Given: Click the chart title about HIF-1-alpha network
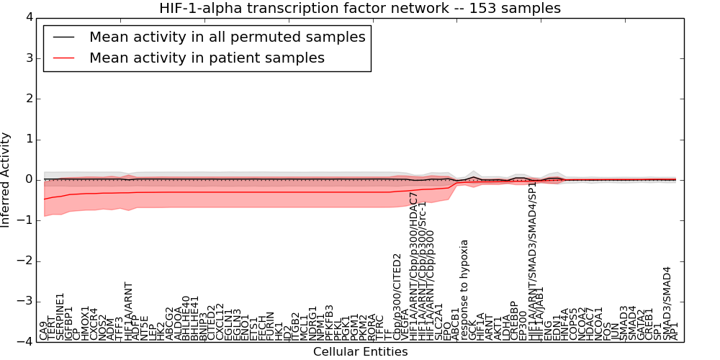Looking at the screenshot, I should [x=359, y=8].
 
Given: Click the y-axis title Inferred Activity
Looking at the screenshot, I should [x=6, y=179].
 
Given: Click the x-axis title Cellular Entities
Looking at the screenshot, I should [x=360, y=352].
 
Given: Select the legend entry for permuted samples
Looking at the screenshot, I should [x=227, y=37].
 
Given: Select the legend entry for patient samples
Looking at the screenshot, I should [x=207, y=58].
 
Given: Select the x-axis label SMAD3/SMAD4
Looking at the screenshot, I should [x=667, y=303].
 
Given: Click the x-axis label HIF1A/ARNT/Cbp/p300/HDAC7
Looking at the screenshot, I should [x=413, y=266].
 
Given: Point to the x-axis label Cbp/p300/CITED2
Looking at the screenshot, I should [x=397, y=296].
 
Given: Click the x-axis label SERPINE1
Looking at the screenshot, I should [x=60, y=316].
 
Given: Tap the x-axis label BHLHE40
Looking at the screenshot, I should [x=186, y=318].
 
